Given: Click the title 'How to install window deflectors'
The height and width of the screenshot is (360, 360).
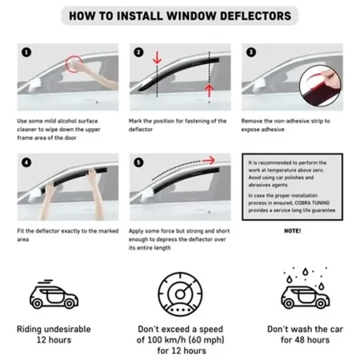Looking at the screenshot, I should coord(180,15).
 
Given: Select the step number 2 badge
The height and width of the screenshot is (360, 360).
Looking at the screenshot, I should coord(138,52).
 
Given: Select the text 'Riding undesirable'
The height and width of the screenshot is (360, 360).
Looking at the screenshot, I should coord(54,329).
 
